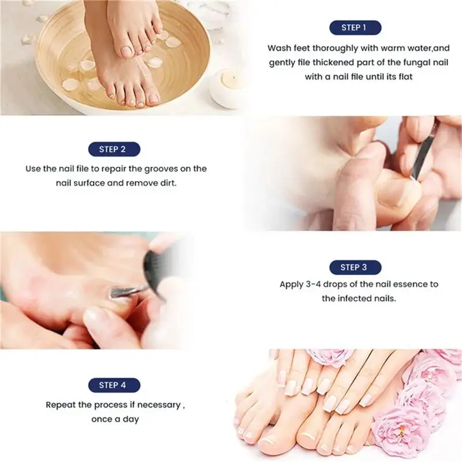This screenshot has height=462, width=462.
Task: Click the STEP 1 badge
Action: (354, 28)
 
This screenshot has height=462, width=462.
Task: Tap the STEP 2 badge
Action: (113, 149)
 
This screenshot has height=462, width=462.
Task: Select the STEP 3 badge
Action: (354, 267)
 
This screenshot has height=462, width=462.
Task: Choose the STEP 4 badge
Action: (113, 385)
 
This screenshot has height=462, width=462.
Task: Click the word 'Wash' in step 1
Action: (278, 49)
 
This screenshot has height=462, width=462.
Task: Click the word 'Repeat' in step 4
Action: (60, 405)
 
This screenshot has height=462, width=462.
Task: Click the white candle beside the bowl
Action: (228, 87)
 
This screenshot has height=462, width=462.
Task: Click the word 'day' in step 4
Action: (131, 419)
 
